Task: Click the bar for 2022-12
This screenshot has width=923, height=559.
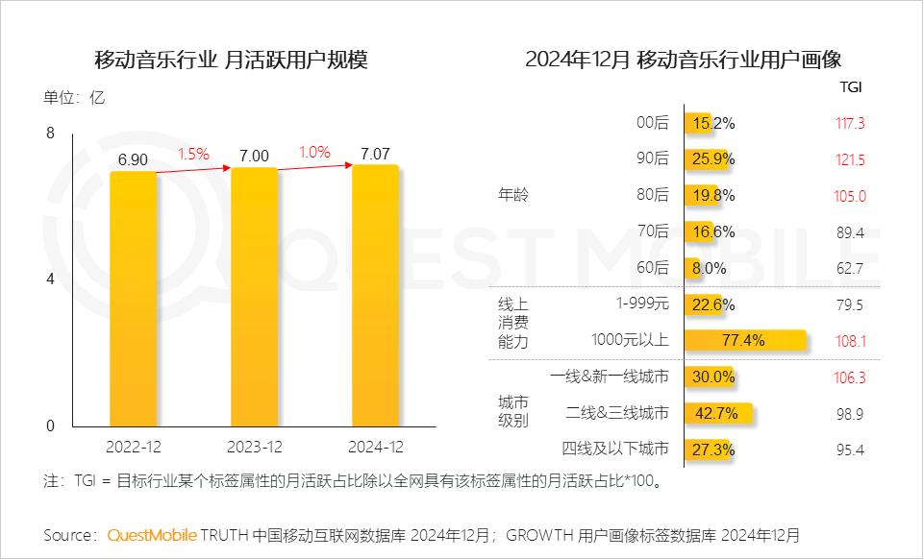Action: coord(134,299)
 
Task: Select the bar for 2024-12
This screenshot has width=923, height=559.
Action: coord(376,295)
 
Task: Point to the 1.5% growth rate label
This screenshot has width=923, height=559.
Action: coord(192,154)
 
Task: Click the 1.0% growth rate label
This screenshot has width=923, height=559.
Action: coord(314,152)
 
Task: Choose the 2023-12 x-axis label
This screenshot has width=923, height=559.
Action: coord(254,447)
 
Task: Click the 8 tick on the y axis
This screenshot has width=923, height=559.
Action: coord(51,133)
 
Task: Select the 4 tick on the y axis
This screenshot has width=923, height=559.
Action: coord(51,279)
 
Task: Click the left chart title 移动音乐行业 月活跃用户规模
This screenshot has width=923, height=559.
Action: coord(231,61)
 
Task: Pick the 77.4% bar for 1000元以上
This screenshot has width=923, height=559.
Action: coord(745,340)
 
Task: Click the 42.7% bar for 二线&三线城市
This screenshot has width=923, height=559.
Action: coord(717,413)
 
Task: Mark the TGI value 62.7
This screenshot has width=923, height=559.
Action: coord(850,269)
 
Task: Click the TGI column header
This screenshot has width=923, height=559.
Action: coord(851,86)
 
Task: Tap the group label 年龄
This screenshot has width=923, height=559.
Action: coord(512,196)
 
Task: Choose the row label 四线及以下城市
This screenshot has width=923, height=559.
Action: coord(614,450)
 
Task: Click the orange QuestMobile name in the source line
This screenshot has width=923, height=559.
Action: coord(152,534)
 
